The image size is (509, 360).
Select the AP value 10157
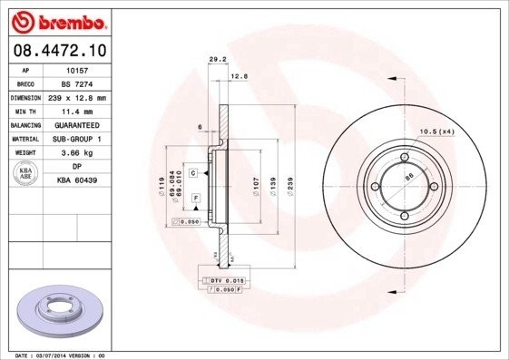tap(76, 69)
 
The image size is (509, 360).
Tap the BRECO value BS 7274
tap(76, 83)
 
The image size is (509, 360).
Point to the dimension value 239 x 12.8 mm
tap(76, 96)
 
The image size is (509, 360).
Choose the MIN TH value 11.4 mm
tap(76, 110)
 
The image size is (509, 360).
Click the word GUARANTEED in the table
tap(76, 124)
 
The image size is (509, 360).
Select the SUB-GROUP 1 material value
tap(76, 139)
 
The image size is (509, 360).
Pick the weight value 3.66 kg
tap(76, 153)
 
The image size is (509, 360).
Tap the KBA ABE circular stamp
tap(27, 174)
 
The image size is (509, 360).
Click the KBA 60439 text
tap(76, 181)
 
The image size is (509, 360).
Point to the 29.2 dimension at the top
tap(217, 60)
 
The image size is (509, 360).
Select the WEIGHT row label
tap(24, 153)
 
